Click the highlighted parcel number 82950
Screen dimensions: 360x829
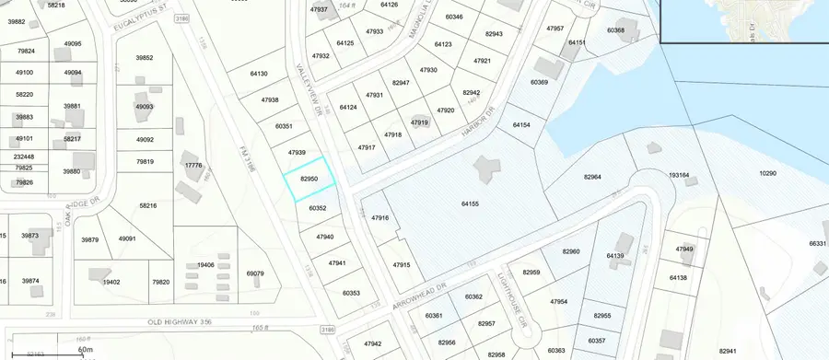[x=309, y=179]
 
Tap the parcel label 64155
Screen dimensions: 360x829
[x=470, y=203]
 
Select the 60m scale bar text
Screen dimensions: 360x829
[x=87, y=350]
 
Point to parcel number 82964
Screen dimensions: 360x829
[x=592, y=177]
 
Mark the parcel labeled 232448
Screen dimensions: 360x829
[x=24, y=157]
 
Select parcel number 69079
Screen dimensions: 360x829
[x=255, y=273]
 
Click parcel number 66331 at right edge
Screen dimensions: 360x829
[x=818, y=243]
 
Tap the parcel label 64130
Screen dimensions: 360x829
[x=259, y=74]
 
